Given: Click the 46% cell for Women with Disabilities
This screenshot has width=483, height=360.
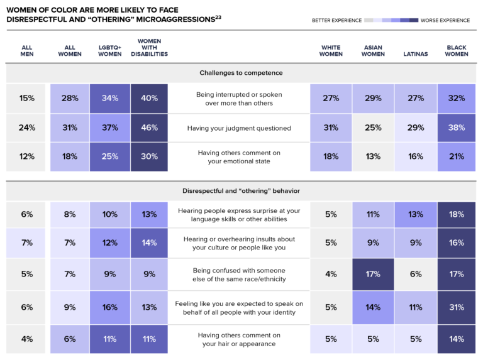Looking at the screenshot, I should point(149,128).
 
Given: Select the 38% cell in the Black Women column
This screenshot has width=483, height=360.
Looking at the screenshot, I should point(457,128).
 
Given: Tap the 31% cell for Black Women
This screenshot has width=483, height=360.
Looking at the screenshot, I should point(457,307).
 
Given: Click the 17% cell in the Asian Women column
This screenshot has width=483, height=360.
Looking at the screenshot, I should point(372,274).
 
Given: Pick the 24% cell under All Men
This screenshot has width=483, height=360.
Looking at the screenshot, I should point(26,128).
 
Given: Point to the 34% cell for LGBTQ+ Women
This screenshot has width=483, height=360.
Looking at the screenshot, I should point(109,98).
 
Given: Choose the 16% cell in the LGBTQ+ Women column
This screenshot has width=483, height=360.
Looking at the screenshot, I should point(109,307).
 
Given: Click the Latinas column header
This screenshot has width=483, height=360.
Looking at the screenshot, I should point(414,54).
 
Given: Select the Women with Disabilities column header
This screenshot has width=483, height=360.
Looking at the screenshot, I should point(149,48).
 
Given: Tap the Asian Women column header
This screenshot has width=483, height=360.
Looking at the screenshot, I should point(372,50).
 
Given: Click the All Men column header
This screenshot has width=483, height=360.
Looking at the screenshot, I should point(26,50).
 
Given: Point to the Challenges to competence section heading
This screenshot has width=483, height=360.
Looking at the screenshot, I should point(241,73).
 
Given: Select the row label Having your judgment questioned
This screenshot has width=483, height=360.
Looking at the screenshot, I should point(239,128).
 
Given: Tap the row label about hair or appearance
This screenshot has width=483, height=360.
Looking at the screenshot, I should point(239,339).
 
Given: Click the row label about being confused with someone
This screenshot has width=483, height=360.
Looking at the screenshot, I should point(239,274).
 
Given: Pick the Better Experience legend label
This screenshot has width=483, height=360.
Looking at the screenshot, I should point(336,20).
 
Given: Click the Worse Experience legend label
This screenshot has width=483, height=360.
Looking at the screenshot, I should point(445,20).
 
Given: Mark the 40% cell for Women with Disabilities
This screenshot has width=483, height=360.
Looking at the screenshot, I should point(149,98).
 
